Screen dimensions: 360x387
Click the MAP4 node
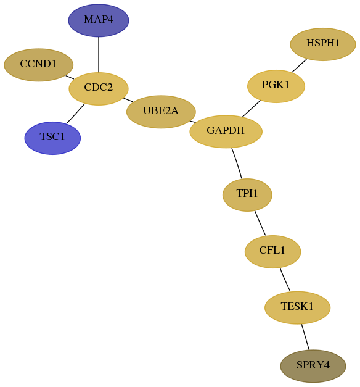pos(99,20)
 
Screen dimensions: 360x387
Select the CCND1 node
pos(38,65)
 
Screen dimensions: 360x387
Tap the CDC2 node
pos(99,89)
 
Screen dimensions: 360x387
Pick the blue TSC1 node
pos(52,138)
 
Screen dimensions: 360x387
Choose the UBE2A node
pos(161,112)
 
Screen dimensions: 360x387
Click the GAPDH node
pos(226,131)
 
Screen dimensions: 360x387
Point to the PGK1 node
pos(276,86)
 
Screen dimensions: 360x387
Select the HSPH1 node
pos(323,44)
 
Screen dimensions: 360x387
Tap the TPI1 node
pos(247,194)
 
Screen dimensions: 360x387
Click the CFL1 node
pos(272,251)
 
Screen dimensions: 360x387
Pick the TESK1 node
pos(297,307)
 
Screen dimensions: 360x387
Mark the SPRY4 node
pos(313,366)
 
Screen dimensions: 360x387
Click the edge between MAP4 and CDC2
pos(99,54)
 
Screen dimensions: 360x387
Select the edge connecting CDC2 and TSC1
pos(75,114)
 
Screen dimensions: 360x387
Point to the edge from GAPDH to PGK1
pos(252,109)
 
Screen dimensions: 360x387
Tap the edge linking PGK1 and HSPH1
pos(299,66)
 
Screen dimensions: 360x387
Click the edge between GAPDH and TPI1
pos(237,163)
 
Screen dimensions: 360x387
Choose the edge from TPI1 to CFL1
pos(260,223)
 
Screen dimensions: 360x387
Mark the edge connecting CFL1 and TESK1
pos(285,280)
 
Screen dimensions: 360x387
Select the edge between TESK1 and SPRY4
pos(305,337)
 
